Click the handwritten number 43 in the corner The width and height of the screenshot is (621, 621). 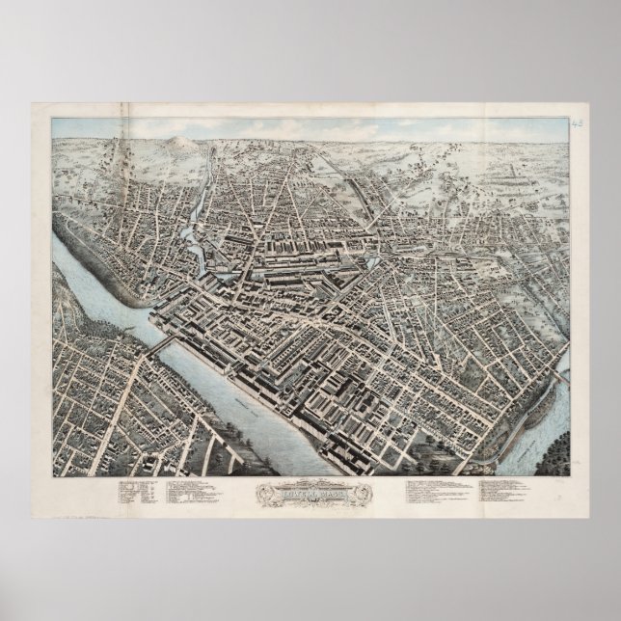click(x=578, y=123)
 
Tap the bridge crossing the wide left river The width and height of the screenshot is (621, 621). click(x=161, y=344)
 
